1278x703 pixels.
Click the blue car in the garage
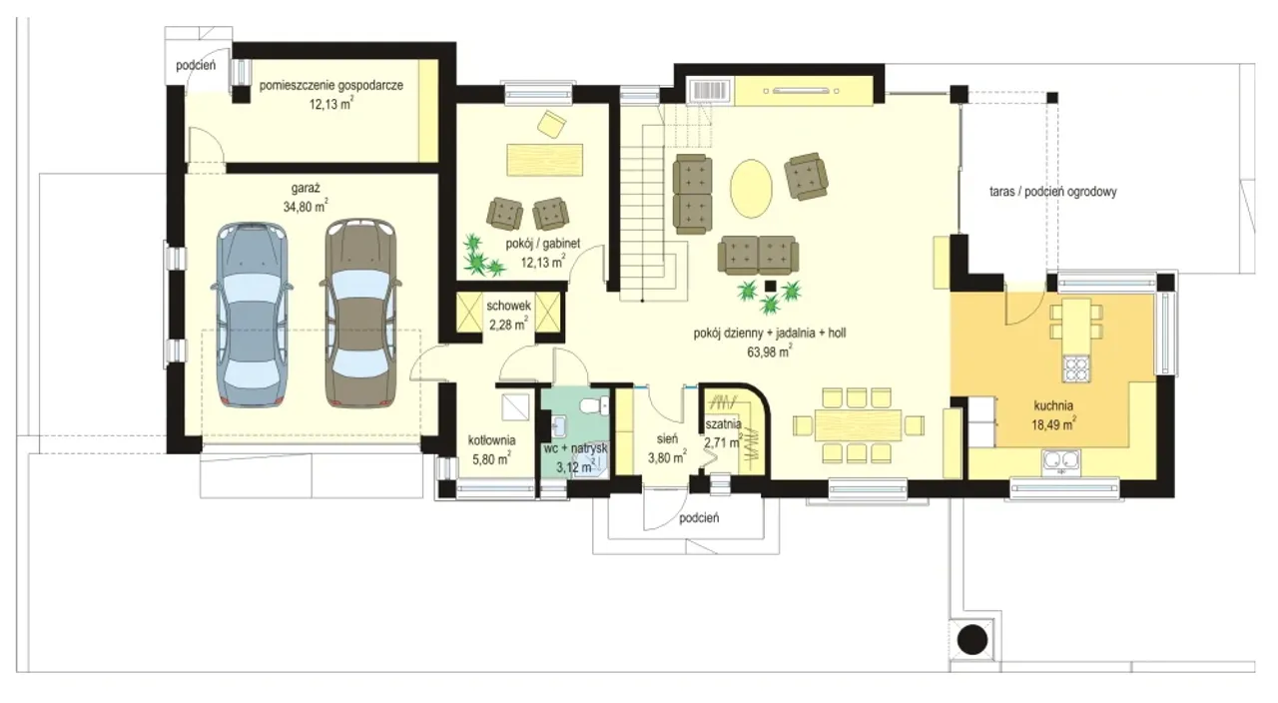[x=252, y=315]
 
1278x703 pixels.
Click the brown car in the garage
[x=360, y=313]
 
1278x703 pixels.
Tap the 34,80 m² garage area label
[x=306, y=206]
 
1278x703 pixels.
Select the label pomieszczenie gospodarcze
[x=330, y=86]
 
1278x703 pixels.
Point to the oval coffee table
[x=752, y=189]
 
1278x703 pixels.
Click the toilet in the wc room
[x=594, y=406]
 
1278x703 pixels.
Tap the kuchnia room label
[x=1053, y=405]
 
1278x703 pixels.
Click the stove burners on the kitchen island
[x=1076, y=368]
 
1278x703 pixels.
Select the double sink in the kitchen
[x=1061, y=461]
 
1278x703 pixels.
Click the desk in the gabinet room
[x=545, y=159]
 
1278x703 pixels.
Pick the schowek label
[x=508, y=306]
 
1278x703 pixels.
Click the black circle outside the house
[x=972, y=640]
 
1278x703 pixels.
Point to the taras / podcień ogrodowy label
[x=1052, y=192]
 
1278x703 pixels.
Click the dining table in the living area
[x=858, y=425]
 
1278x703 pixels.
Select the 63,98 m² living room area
[x=769, y=351]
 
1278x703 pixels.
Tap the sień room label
[x=667, y=438]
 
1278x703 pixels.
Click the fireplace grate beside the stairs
[x=711, y=91]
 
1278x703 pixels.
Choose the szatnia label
[x=723, y=424]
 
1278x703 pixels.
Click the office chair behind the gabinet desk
[x=551, y=124]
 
